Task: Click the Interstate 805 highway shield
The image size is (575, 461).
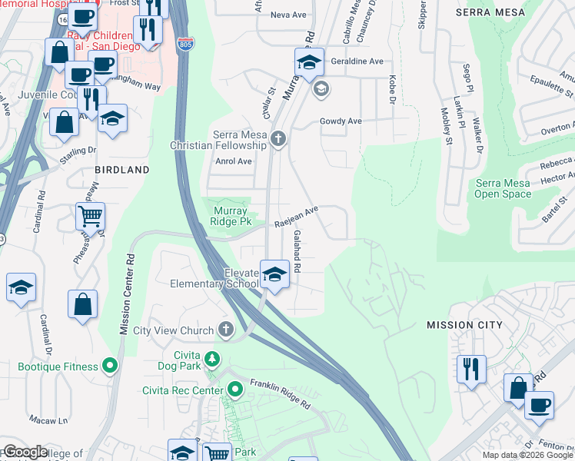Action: [184, 45]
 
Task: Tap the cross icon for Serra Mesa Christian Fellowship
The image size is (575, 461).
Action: [278, 139]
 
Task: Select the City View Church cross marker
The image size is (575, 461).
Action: [225, 330]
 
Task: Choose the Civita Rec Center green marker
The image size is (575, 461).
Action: [235, 390]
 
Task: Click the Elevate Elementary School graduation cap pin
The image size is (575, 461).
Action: [274, 274]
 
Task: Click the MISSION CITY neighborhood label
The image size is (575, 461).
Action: [464, 325]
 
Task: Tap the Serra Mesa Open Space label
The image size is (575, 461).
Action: [503, 188]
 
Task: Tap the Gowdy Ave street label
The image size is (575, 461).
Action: [341, 121]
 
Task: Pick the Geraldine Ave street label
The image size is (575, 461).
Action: [356, 61]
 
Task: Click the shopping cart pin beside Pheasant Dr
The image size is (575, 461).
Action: [91, 217]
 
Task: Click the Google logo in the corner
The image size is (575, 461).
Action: [25, 452]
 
